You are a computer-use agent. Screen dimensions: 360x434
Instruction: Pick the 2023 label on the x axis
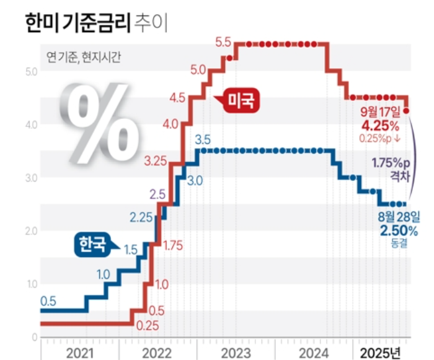(x=236, y=353)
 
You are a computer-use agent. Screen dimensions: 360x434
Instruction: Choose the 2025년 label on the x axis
(x=381, y=353)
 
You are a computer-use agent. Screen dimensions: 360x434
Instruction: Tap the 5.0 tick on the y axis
(x=31, y=72)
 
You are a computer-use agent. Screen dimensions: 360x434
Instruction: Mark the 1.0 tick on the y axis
(x=31, y=284)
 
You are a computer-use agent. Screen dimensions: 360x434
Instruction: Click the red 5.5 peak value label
(x=223, y=43)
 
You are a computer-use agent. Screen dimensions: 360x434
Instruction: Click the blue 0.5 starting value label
(x=48, y=301)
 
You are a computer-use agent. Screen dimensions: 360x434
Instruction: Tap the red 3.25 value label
(x=156, y=162)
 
